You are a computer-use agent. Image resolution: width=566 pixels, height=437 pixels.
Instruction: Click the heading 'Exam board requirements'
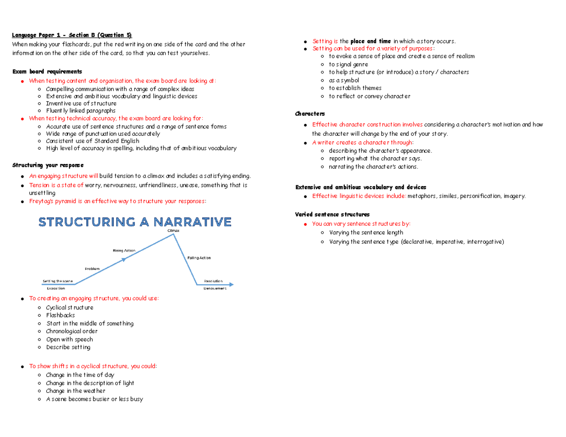point(47,72)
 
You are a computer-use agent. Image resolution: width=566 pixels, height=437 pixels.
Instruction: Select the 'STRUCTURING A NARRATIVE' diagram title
point(135,222)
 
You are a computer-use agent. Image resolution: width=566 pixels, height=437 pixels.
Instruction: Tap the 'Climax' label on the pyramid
point(173,231)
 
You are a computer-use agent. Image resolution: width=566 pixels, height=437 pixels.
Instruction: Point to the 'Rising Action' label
point(124,250)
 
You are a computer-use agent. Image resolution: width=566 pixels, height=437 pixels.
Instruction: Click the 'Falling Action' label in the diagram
point(199,258)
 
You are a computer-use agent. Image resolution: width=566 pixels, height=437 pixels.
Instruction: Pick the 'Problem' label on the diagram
point(92,268)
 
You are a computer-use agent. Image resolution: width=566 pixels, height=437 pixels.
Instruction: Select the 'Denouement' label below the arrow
point(215,289)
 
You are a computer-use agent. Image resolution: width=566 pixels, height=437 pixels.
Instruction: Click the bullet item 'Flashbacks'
point(60,315)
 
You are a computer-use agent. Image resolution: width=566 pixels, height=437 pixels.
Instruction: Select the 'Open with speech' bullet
point(69,339)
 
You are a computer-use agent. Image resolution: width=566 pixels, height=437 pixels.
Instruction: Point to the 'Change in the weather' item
point(75,391)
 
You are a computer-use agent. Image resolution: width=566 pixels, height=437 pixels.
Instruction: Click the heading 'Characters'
point(309,114)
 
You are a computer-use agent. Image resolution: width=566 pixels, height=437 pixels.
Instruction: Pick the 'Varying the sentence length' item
point(366,232)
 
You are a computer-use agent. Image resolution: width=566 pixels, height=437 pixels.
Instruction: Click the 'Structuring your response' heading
point(48,165)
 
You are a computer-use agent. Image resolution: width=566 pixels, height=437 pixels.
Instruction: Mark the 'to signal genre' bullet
point(349,64)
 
